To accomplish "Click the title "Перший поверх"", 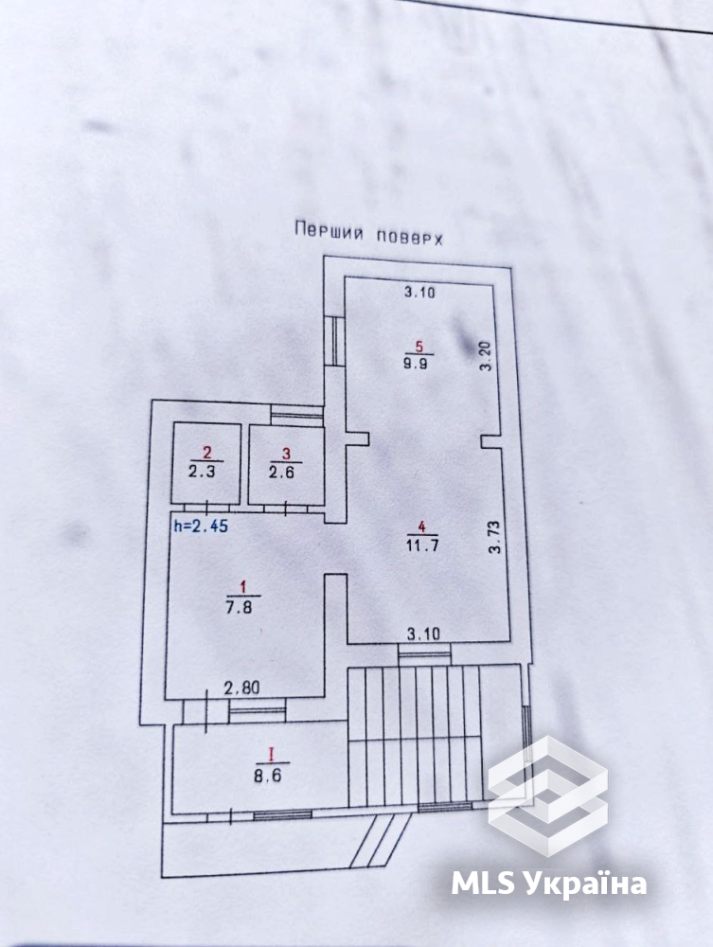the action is pos(368,233).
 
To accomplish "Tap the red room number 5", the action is pos(420,346).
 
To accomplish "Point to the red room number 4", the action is pos(422,527).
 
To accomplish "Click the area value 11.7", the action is pos(422,545).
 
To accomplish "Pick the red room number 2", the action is pos(207,453).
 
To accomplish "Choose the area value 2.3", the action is pos(202,471).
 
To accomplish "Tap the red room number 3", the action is pos(286,453).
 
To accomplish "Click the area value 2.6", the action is pos(281,472).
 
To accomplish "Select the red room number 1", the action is pos(242,586).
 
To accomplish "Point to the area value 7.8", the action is pos(240,606).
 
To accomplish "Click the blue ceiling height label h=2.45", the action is pos(201,526).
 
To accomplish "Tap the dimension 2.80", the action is pos(241,688).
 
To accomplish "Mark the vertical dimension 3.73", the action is pos(495,537).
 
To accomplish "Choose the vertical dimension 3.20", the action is pos(488,356).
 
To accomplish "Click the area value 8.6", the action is pos(267,775).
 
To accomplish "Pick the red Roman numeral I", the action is pos(271,755).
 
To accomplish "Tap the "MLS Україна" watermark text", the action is pos(549,884).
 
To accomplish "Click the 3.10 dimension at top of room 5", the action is pos(419,293).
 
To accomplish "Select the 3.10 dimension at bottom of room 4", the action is pos(423,634).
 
